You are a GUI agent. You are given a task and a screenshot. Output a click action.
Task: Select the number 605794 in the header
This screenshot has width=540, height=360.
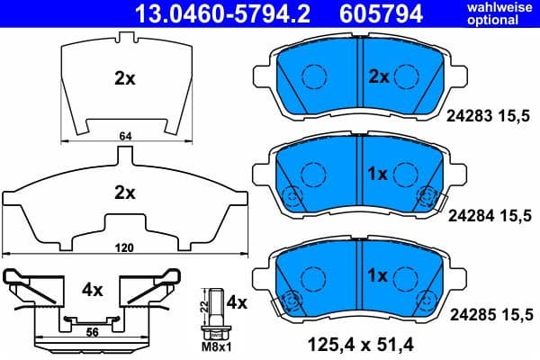pos(380,13)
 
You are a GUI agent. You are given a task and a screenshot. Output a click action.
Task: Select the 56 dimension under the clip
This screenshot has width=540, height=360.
pos(91,331)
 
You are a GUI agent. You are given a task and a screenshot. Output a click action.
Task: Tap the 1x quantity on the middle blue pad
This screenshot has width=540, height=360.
pos(377,173)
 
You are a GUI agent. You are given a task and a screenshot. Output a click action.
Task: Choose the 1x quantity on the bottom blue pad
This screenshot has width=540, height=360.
pos(377,274)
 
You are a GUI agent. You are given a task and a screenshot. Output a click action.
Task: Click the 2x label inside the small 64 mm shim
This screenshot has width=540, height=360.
pos(124,78)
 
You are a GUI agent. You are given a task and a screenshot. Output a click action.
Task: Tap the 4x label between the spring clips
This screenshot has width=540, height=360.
pos(93,291)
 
